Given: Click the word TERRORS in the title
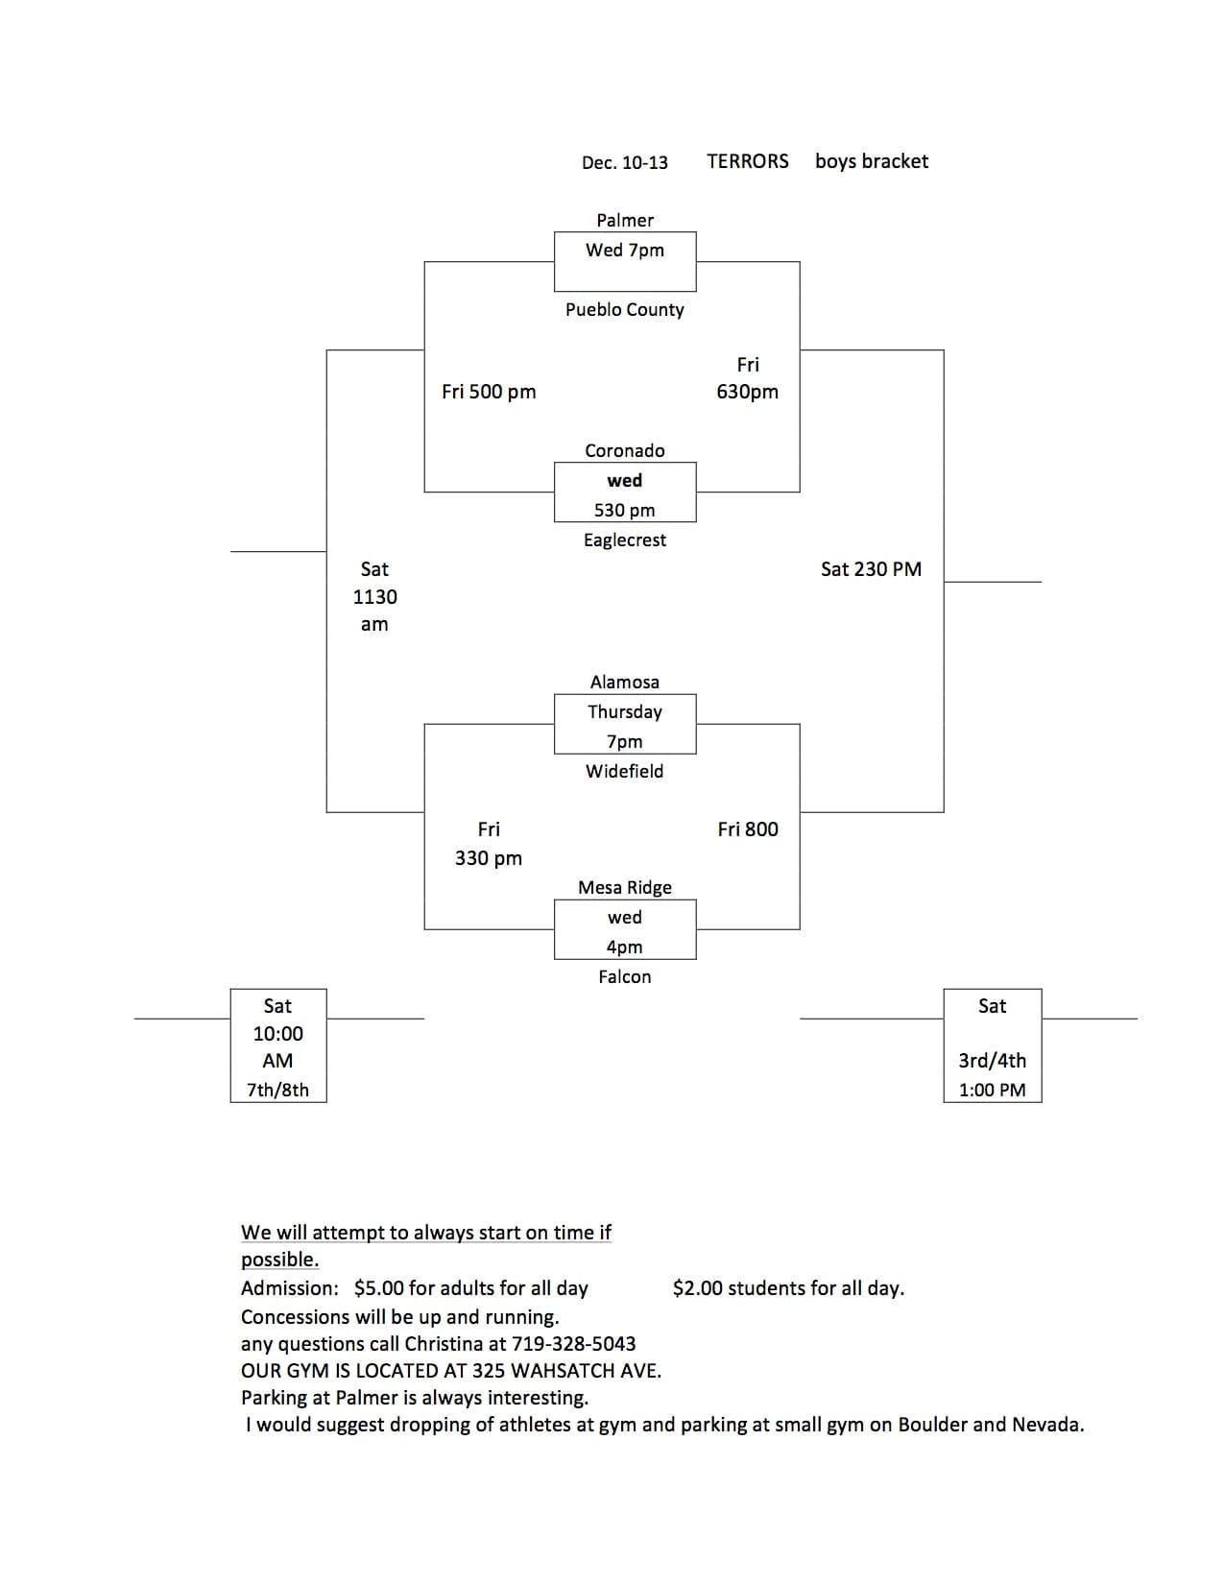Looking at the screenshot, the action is pos(747,161).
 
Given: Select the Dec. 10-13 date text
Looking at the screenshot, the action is pos(625,162).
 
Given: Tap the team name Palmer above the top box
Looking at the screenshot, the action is pos(625,220).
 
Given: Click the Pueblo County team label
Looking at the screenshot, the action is pos(625,310).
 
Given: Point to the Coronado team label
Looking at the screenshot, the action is pos(625,450).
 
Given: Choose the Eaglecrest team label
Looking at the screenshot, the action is pos(625,540).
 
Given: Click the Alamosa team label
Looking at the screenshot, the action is pos(625,683).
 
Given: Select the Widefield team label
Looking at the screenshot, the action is pos(625,771).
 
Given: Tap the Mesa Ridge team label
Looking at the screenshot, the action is pos(625,888).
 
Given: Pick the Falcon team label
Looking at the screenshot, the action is pos(625,976).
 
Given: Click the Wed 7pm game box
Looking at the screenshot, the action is pos(625,262).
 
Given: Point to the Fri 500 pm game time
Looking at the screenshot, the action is pos(489,393).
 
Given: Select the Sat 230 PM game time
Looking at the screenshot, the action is pos(871,569).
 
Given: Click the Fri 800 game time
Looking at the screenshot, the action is pos(748,829).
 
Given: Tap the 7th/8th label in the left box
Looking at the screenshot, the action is pos(277,1090).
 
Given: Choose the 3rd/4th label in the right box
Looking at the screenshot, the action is pos(993,1061).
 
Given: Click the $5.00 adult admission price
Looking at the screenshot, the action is pos(379,1288).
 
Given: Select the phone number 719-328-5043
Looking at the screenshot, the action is pos(574,1343).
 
